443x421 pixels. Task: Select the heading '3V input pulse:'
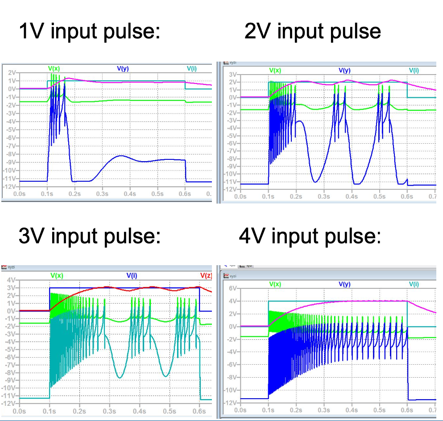coord(89,235)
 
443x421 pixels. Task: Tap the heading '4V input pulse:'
coord(310,235)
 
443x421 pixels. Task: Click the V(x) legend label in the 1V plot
coord(54,68)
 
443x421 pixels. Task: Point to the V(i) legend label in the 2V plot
coord(414,71)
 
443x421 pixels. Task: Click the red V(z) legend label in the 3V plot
coord(206,275)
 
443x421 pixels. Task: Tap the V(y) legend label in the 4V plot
coord(345,284)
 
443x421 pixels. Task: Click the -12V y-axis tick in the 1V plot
coord(10,186)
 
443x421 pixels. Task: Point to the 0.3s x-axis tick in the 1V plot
coord(102,194)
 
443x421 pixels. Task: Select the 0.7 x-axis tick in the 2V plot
coord(431,196)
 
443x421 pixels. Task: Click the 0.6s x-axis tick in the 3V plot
coord(199,411)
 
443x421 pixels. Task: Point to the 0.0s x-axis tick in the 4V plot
coord(240,410)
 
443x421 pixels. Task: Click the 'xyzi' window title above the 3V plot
coord(11,267)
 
